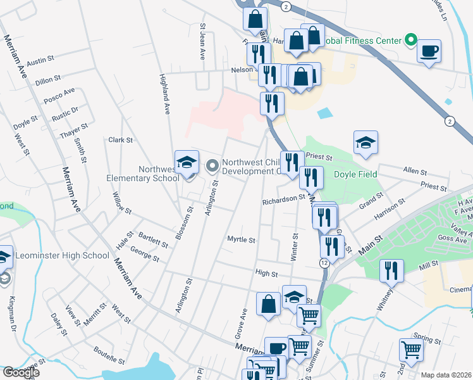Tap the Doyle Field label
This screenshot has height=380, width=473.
pyautogui.click(x=355, y=174)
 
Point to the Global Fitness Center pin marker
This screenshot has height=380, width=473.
pyautogui.click(x=410, y=41)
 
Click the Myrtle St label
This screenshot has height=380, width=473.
pyautogui.click(x=241, y=240)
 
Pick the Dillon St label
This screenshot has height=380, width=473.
pyautogui.click(x=47, y=80)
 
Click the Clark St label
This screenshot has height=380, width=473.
pyautogui.click(x=120, y=140)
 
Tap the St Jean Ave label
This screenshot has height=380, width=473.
pyautogui.click(x=203, y=42)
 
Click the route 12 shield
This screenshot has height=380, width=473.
pyautogui.click(x=324, y=262)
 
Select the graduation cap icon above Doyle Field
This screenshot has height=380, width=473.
pyautogui.click(x=365, y=144)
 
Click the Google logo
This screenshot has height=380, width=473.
pyautogui.click(x=20, y=372)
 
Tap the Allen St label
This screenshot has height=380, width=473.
pyautogui.click(x=415, y=172)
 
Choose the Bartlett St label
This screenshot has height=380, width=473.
pyautogui.click(x=154, y=239)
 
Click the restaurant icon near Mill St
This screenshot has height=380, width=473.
pyautogui.click(x=391, y=272)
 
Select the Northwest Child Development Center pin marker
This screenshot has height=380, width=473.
pyautogui.click(x=212, y=166)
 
